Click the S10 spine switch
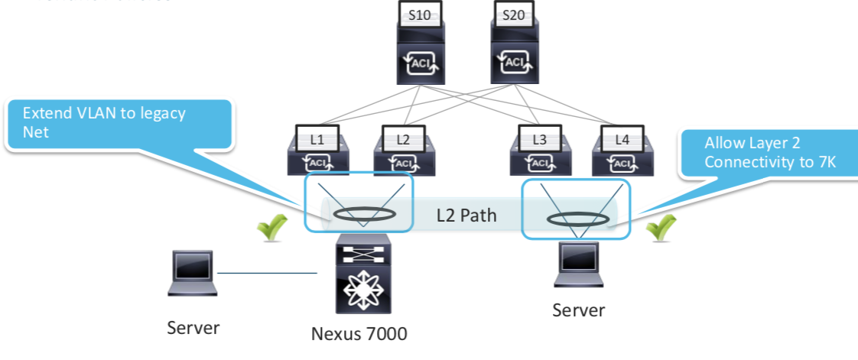click(420, 46)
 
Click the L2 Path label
click(466, 216)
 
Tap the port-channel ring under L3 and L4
click(577, 220)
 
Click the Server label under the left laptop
click(193, 328)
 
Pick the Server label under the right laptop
click(579, 310)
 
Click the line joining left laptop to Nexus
click(267, 273)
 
